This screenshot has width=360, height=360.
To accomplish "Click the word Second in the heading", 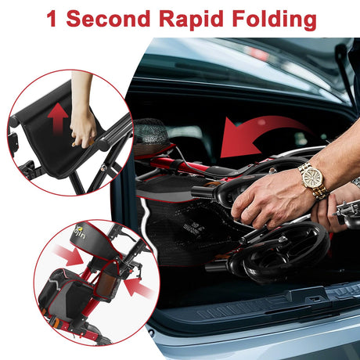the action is (108, 18).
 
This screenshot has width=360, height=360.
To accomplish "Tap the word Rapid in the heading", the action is (191, 20).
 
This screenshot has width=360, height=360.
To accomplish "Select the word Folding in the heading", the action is (274, 20).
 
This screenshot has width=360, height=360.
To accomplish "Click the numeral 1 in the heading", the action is (52, 19).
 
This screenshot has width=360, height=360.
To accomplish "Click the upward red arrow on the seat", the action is (58, 118).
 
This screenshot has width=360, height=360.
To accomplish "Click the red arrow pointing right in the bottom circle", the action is (68, 254).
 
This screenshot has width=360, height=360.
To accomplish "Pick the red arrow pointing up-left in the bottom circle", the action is (138, 288).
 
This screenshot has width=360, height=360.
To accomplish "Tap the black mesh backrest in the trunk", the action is (149, 131).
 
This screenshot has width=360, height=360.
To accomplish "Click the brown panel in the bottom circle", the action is (107, 282).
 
